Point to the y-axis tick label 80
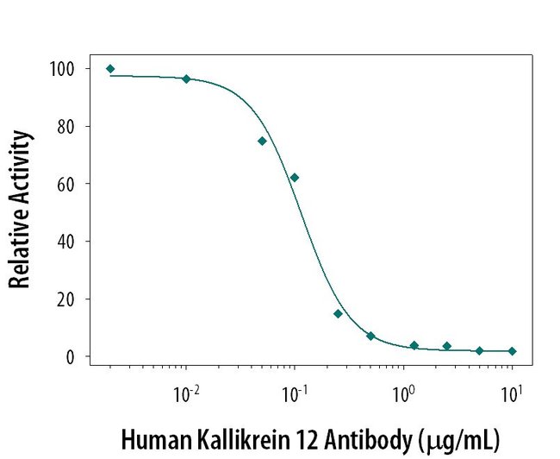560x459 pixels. pyautogui.click(x=66, y=126)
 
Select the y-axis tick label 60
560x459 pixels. pyautogui.click(x=66, y=184)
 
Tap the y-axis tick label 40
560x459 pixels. pyautogui.click(x=66, y=242)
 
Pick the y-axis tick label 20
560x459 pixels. pyautogui.click(x=66, y=299)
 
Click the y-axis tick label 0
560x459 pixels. pyautogui.click(x=71, y=356)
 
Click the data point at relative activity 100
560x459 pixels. pyautogui.click(x=110, y=69)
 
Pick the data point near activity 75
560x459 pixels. pyautogui.click(x=262, y=141)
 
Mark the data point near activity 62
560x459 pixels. pyautogui.click(x=295, y=178)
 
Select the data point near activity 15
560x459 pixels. pyautogui.click(x=338, y=313)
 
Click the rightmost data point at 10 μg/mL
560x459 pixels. pyautogui.click(x=512, y=351)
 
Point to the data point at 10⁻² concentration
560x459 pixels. pyautogui.click(x=186, y=79)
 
